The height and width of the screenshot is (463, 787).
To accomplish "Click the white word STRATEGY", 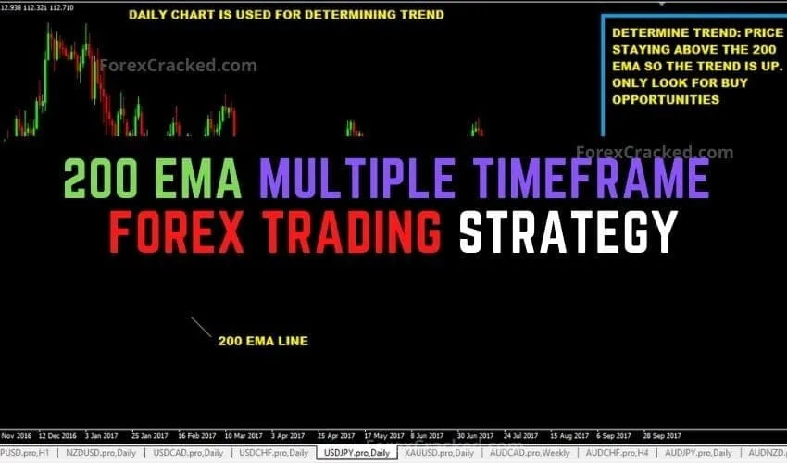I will pyautogui.click(x=568, y=231).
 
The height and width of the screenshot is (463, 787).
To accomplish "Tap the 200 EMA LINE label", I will pyautogui.click(x=263, y=341).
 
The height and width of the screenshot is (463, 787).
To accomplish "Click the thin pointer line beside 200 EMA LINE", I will pyautogui.click(x=201, y=327).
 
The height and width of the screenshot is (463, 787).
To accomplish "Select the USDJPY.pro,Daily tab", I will pyautogui.click(x=355, y=453).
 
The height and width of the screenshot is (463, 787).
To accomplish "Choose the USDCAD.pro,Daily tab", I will pyautogui.click(x=188, y=453).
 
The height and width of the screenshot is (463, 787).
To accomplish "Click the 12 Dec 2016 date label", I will pyautogui.click(x=58, y=434).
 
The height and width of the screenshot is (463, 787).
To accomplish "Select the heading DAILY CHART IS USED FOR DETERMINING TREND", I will pyautogui.click(x=286, y=15).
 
